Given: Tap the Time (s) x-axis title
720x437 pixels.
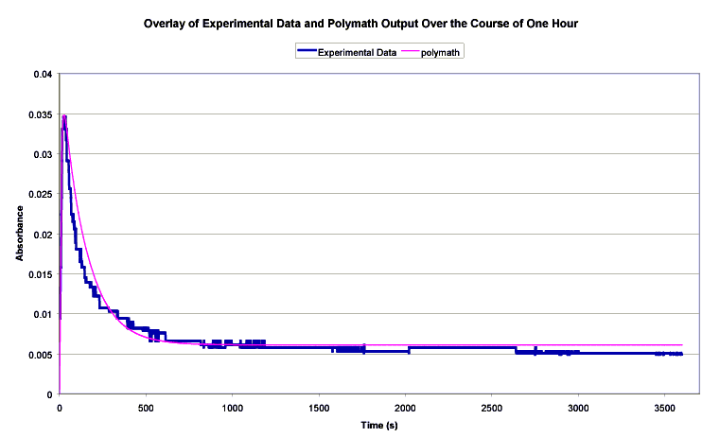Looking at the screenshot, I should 378,427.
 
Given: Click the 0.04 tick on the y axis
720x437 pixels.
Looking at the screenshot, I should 43,75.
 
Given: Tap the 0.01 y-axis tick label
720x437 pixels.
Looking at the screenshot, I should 43,315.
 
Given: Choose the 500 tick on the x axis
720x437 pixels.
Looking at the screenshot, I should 146,406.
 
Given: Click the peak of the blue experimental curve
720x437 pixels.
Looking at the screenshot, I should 64,116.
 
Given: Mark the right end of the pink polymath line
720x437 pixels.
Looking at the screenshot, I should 681,345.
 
